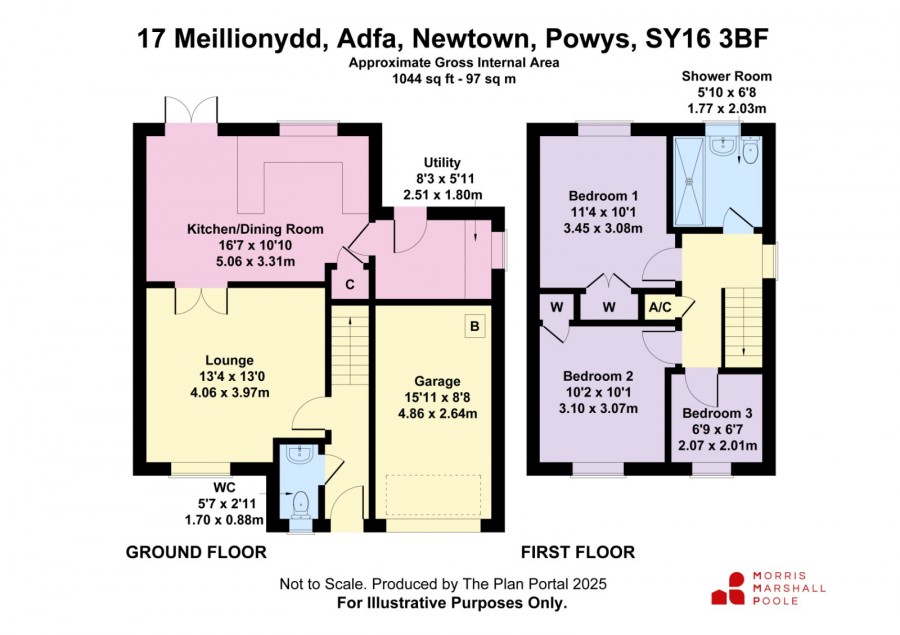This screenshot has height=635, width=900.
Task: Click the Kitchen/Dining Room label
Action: click(255, 229)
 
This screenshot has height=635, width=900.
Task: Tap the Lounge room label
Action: click(230, 360)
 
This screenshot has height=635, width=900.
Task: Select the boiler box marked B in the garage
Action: click(475, 326)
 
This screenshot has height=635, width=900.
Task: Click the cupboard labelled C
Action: click(350, 284)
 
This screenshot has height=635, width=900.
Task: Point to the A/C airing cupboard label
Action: click(660, 307)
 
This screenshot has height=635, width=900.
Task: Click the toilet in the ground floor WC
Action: click(300, 504)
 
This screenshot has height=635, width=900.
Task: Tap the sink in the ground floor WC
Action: click(299, 454)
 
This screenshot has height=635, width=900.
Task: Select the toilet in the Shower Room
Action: click(750, 149)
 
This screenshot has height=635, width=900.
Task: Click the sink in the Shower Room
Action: click(720, 145)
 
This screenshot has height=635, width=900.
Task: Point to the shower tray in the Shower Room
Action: click(689, 181)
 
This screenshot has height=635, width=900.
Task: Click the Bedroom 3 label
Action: click(717, 413)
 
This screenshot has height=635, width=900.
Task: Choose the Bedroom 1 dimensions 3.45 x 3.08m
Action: click(603, 228)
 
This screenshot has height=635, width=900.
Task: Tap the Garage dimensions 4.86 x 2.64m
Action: click(437, 413)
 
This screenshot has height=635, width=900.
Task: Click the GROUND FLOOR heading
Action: click(196, 552)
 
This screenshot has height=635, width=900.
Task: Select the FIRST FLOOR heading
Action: click(578, 552)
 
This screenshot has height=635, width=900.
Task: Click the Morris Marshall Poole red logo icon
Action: click(728, 588)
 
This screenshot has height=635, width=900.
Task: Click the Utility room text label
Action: click(442, 162)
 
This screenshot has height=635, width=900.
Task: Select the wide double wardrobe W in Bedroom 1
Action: click(609, 306)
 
